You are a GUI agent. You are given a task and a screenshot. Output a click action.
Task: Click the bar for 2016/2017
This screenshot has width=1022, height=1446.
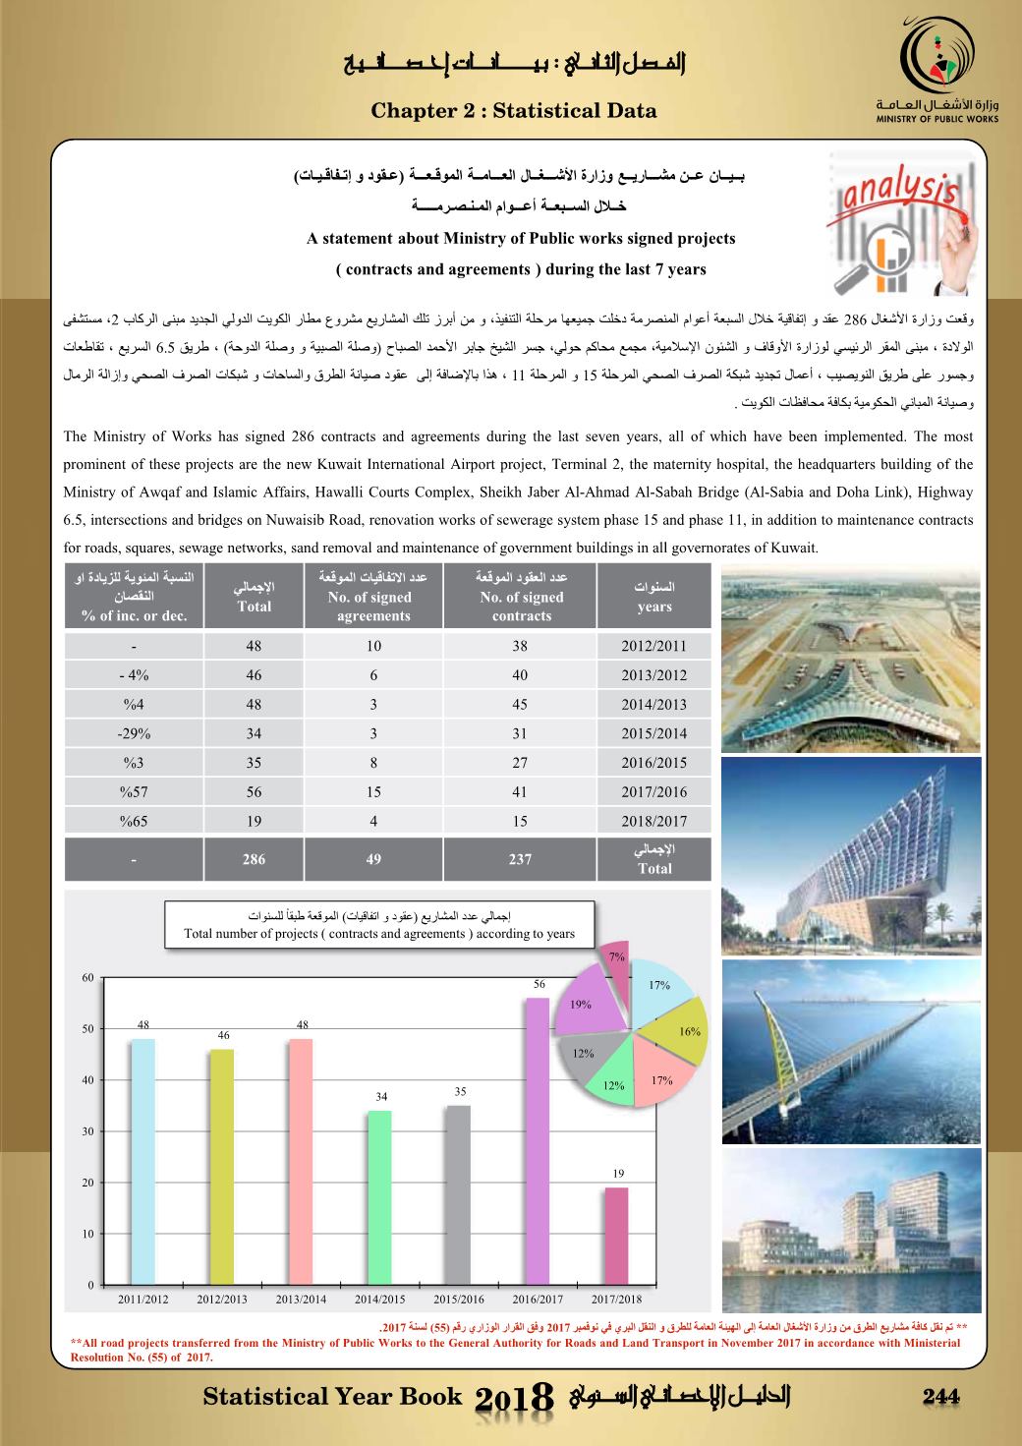tap(538, 1140)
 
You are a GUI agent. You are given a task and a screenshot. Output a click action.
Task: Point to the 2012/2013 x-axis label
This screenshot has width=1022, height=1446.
tap(222, 1300)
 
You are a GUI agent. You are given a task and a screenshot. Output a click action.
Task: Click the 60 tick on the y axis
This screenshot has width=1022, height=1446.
tap(87, 978)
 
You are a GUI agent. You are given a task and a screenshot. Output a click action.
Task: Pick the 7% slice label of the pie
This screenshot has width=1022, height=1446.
tap(617, 955)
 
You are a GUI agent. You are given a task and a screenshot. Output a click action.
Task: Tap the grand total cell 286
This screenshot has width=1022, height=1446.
tap(254, 859)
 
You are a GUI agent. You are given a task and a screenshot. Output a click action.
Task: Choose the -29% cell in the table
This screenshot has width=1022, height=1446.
tap(134, 733)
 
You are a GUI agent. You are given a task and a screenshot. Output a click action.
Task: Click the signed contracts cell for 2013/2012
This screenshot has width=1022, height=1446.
tap(520, 675)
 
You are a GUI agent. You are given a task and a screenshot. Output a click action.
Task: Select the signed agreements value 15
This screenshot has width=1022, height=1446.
tap(372, 791)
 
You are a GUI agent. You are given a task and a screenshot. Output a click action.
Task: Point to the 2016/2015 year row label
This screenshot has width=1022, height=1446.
tap(653, 763)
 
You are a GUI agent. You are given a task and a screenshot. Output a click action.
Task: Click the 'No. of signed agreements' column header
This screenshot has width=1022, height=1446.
tap(372, 596)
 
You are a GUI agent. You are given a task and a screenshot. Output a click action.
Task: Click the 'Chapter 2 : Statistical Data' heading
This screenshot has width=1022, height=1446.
tap(513, 111)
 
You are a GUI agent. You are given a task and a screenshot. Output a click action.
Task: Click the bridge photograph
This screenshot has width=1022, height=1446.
tap(851, 1050)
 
